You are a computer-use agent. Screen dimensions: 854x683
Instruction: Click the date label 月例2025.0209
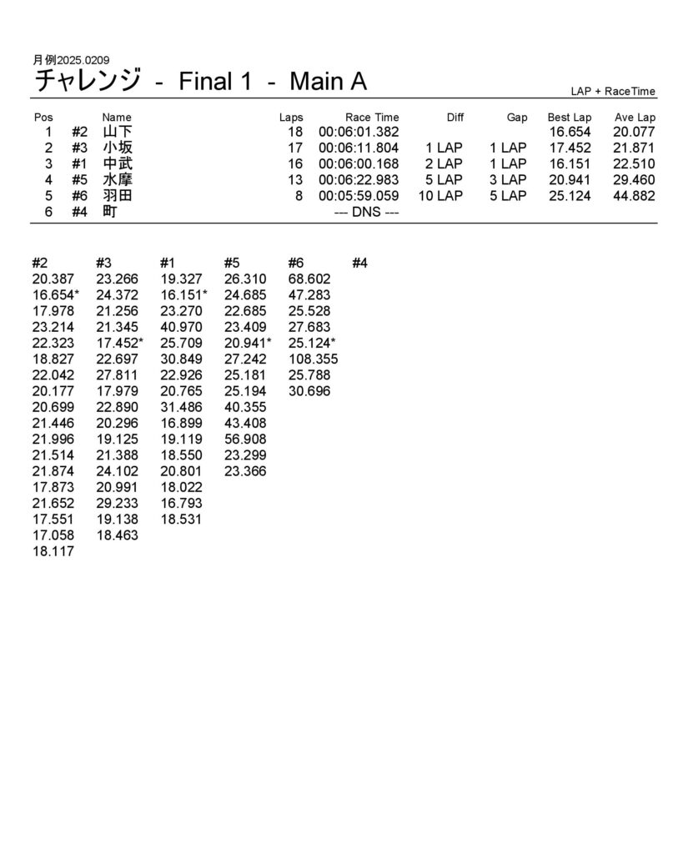(x=71, y=60)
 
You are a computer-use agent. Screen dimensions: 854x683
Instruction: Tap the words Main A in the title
(x=328, y=82)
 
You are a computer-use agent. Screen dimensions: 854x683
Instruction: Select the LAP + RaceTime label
(x=613, y=92)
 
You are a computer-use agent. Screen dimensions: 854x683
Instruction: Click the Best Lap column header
(x=569, y=118)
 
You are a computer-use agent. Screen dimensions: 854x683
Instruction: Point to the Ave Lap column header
(x=635, y=118)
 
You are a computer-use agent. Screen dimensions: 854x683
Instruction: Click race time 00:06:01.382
(x=359, y=132)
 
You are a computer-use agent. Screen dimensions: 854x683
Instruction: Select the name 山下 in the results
(x=117, y=132)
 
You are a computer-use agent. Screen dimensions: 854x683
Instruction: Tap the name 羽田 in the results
(x=117, y=196)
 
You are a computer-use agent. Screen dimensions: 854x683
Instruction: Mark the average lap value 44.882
(x=634, y=196)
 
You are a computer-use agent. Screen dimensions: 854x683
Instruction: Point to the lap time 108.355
(x=313, y=359)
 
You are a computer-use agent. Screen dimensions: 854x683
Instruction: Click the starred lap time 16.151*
(x=183, y=295)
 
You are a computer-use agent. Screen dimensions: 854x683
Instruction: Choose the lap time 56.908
(x=245, y=440)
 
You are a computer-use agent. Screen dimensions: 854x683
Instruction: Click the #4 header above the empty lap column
(x=359, y=264)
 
